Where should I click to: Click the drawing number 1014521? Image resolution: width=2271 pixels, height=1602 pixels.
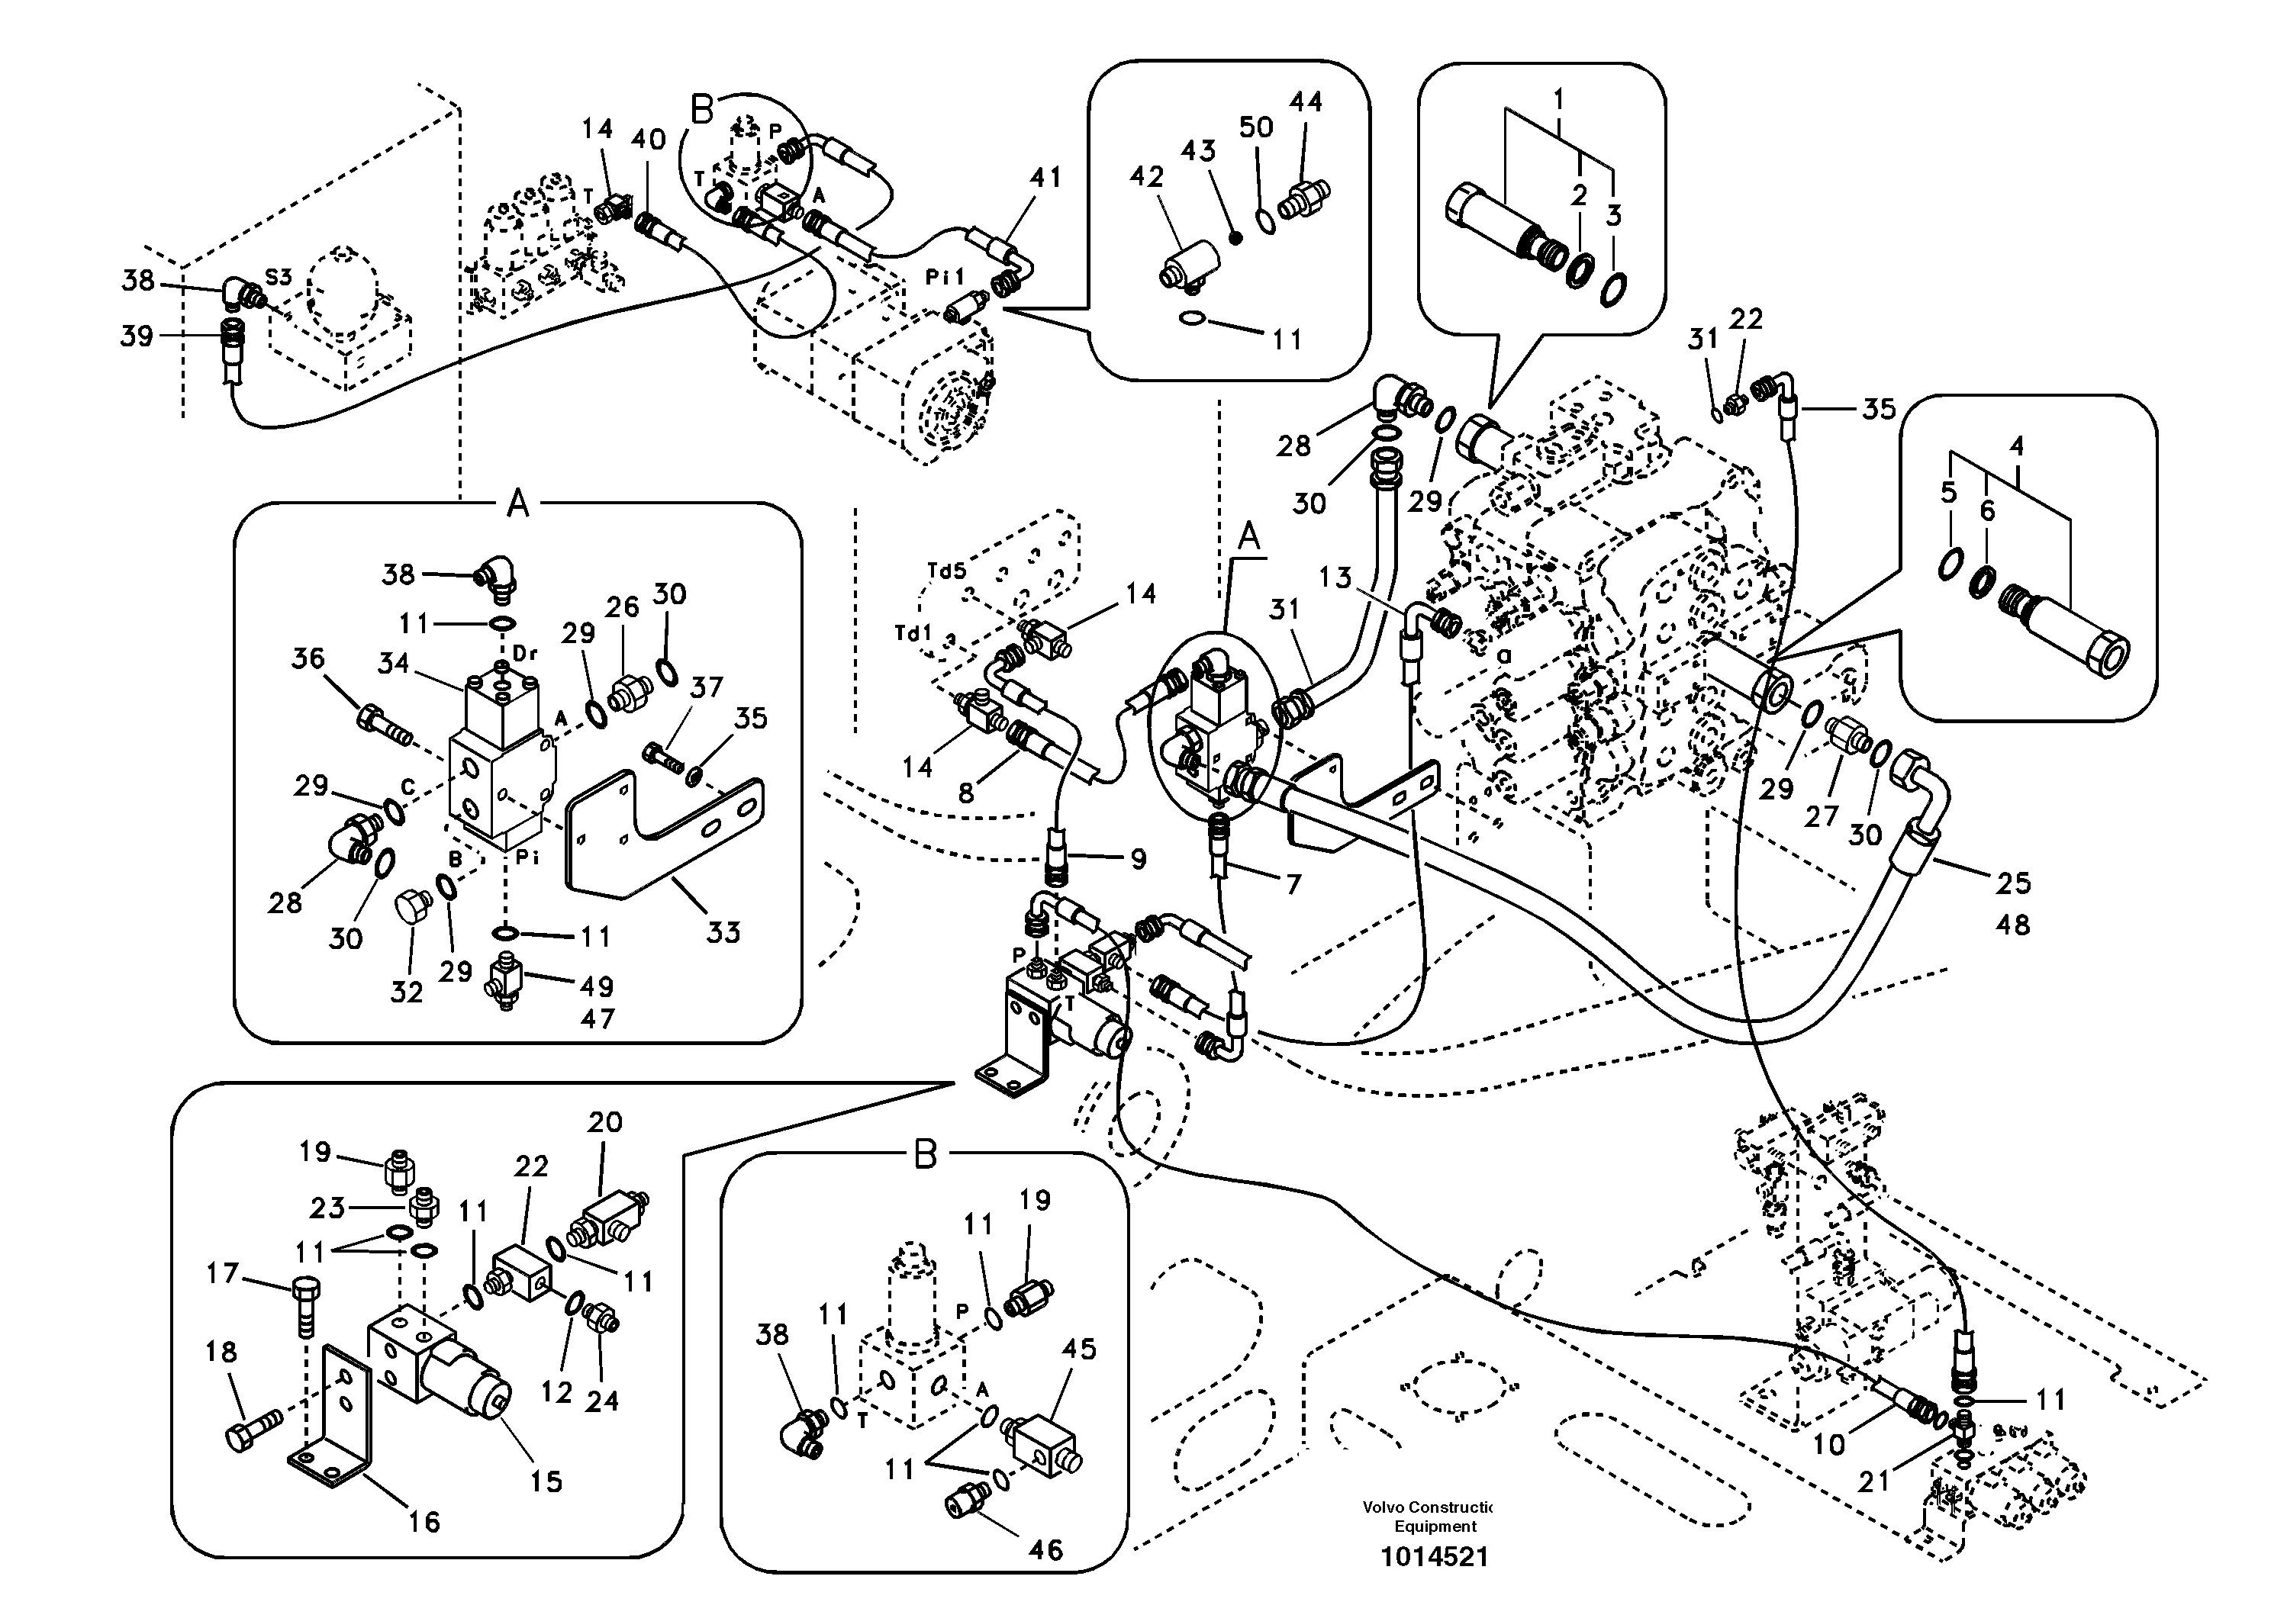[x=1434, y=1556]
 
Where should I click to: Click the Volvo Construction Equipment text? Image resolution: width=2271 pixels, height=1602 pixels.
[x=1426, y=1516]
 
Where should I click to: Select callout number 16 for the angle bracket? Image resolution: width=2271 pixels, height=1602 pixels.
[x=424, y=1521]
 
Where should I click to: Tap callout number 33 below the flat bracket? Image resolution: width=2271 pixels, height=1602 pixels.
[x=723, y=931]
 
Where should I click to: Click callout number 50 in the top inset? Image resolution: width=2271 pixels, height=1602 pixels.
[x=1256, y=127]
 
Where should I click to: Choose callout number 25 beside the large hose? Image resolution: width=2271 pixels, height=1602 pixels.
[x=2013, y=882]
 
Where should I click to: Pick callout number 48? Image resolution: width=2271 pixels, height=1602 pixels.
[x=2013, y=925]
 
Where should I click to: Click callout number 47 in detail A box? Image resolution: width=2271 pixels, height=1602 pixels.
[x=598, y=1018]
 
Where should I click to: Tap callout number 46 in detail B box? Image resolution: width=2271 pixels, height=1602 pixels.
[x=1045, y=1549]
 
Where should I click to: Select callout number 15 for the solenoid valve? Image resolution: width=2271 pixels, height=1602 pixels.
[x=546, y=1481]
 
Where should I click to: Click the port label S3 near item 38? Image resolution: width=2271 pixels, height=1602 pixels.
[x=279, y=277]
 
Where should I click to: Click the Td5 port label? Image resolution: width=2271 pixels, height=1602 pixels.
[x=945, y=571]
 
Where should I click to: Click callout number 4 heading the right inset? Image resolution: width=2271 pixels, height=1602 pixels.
[x=2016, y=446]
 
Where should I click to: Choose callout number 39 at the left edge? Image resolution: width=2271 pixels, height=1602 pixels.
[x=137, y=336]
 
